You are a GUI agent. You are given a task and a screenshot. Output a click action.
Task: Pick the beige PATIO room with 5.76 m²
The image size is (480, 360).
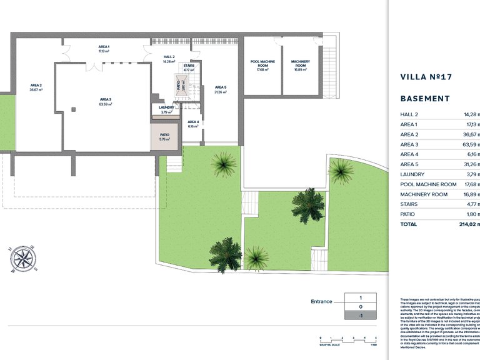point(165,137)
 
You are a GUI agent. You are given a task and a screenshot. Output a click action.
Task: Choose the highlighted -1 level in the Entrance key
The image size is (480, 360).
point(361,316)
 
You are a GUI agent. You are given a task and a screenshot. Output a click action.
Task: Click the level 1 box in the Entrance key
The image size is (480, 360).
point(361,298)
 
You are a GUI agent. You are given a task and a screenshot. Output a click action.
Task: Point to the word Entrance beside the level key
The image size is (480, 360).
point(321,301)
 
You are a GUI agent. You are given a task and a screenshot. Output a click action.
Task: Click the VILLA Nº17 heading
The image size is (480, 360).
point(425,77)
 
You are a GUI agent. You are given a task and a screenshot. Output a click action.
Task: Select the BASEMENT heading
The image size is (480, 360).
point(424,99)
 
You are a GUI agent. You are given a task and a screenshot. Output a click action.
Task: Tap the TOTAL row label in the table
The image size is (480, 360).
point(408,223)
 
